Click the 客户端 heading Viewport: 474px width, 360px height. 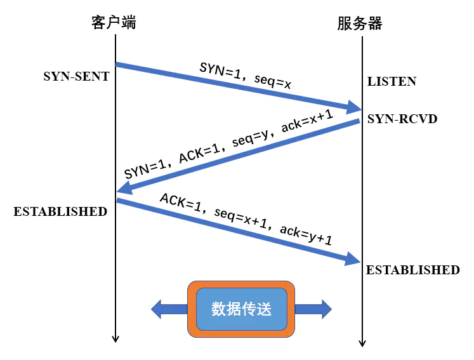(114, 23)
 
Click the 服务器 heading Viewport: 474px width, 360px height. (360, 23)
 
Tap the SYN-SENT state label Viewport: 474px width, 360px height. (76, 77)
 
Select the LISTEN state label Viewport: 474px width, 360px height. (392, 81)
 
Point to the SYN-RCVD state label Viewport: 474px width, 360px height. (402, 118)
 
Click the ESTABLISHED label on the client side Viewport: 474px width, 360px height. (60, 211)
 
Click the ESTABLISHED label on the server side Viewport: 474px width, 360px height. (412, 270)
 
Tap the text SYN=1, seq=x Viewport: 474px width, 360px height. (245, 74)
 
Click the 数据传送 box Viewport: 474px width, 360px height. (241, 309)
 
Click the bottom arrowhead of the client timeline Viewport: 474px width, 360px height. (115, 338)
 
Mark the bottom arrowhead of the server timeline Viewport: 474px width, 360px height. (362, 342)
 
